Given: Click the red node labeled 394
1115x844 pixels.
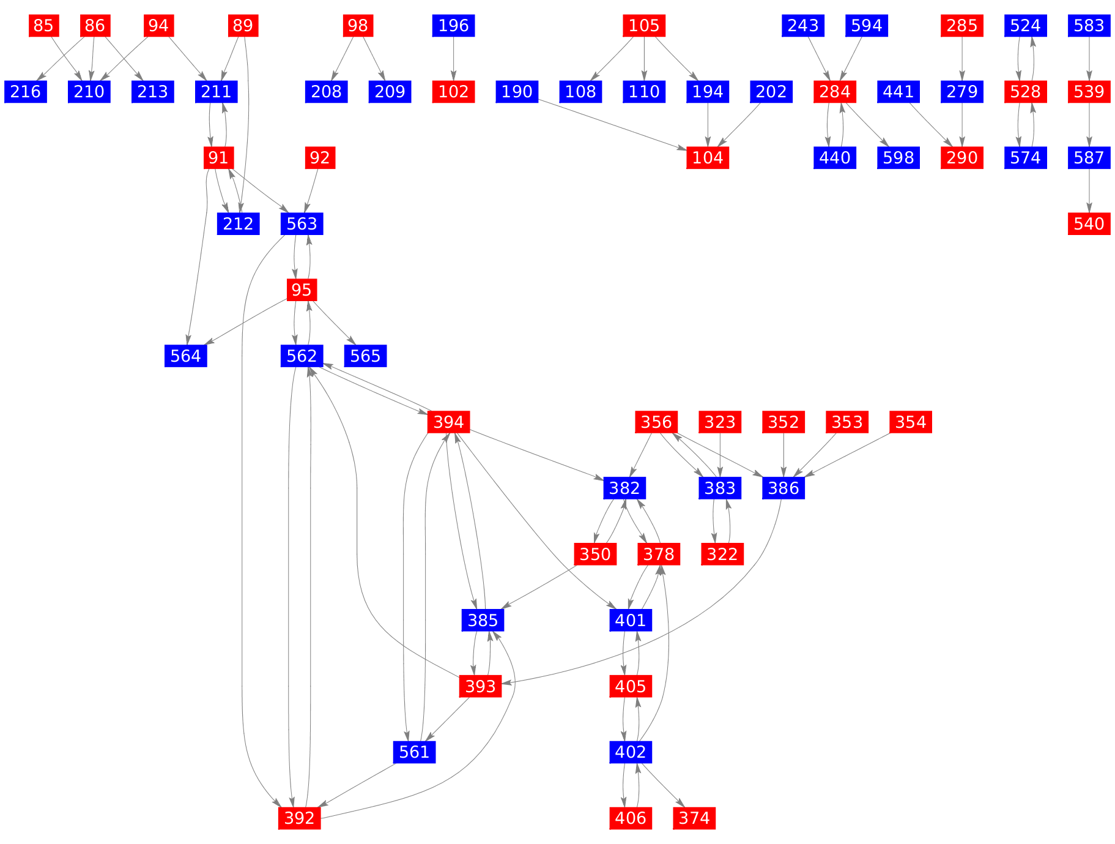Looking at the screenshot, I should pos(449,422).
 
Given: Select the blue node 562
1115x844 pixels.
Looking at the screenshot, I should pos(302,356).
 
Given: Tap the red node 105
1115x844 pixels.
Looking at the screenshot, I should pos(644,26).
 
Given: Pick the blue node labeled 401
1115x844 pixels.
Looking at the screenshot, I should pos(631,620).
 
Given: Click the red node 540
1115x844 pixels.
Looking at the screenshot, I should pos(1089,223).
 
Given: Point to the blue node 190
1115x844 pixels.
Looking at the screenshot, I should pos(517,92).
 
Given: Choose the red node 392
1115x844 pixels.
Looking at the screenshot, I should pos(299,818).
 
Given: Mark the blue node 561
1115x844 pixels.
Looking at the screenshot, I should pos(414,752).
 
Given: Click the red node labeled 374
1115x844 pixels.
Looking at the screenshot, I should pos(694,818).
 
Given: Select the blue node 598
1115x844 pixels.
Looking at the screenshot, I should pos(898,158).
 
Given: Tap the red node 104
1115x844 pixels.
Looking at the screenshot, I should pos(708,158).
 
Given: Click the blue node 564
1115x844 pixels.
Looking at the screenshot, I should pos(186,356).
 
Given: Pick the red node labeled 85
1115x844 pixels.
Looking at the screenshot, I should pos(43,26).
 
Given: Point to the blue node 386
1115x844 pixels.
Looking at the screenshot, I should pos(783,488).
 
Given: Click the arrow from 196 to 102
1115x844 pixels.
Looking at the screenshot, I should pos(454,59).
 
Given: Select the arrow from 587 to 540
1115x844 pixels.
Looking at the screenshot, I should pos(1089,190).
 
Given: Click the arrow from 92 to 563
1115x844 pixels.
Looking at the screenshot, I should pos(311,190).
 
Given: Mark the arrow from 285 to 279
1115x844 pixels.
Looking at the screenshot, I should pos(962,59).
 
